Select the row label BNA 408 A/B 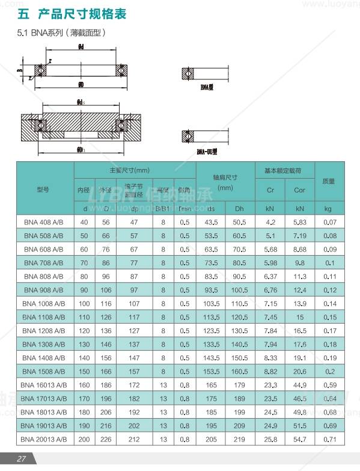tap(43, 221)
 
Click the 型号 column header tap(43, 188)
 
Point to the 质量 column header tap(328, 180)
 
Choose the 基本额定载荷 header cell tap(285, 170)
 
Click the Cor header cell tap(299, 190)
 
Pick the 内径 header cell tap(83, 190)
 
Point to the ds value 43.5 tap(211, 221)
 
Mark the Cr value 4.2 tap(270, 221)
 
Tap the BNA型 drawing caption tap(207, 88)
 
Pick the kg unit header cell tap(328, 209)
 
